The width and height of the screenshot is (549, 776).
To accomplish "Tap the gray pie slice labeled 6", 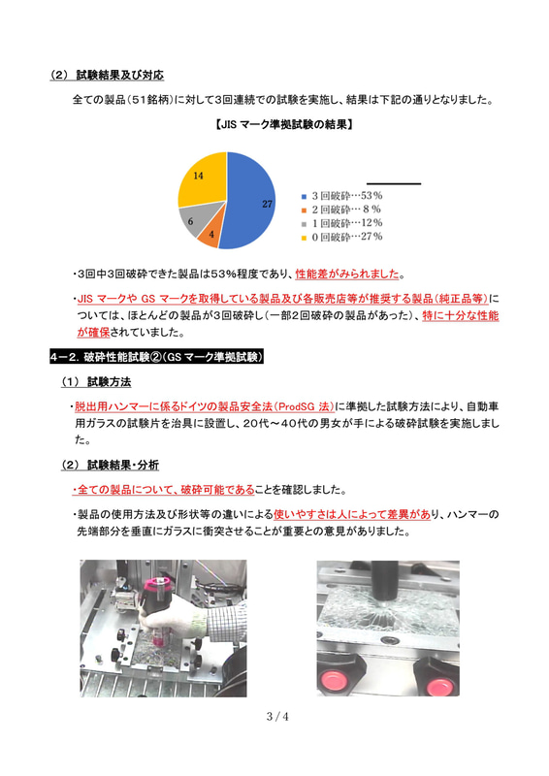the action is click(x=192, y=219).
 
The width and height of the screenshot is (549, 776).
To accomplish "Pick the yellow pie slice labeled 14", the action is click(x=200, y=178).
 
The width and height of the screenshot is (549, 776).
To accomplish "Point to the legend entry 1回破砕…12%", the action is click(x=346, y=222).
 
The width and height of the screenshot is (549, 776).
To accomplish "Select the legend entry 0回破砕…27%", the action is click(x=346, y=236).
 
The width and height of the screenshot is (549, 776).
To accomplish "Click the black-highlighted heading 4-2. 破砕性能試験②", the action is click(x=155, y=358).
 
